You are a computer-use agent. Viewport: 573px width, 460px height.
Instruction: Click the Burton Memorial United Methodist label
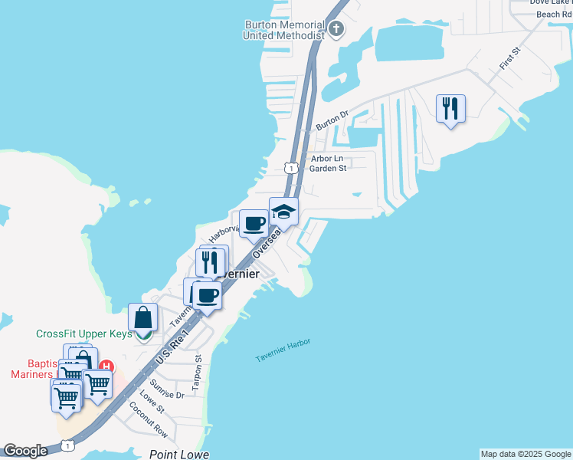point(283,30)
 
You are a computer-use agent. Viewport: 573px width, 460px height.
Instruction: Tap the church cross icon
point(336,30)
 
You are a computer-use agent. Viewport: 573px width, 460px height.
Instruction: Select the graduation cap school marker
point(283,212)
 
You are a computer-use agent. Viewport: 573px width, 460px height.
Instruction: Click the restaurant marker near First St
point(450,108)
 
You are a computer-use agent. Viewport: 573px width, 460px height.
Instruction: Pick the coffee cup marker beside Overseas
point(254,224)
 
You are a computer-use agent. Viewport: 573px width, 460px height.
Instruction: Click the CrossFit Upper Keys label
point(84,334)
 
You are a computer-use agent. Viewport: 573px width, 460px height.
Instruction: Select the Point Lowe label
point(179,454)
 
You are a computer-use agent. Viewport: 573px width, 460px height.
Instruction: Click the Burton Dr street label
point(332,119)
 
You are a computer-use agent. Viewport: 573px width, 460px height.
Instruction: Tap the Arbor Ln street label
point(326,159)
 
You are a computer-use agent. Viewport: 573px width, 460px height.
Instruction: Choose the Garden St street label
point(329,169)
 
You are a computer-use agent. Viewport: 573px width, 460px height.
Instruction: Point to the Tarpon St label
point(197,373)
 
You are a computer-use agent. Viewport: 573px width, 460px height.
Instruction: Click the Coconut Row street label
point(148,419)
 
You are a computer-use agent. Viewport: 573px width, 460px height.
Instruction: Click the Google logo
point(25,451)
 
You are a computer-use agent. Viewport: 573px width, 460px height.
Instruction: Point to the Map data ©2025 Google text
point(526,454)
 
